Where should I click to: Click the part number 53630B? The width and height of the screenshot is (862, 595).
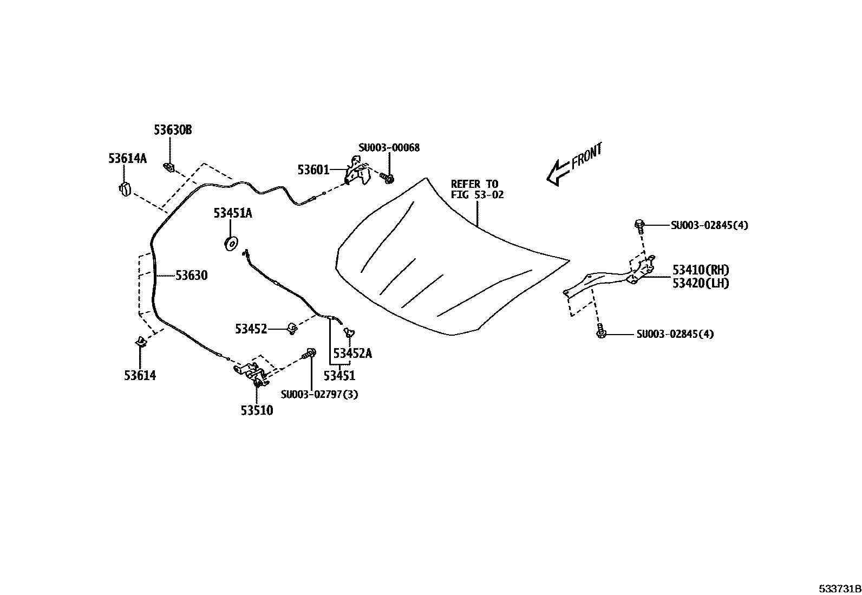point(173,130)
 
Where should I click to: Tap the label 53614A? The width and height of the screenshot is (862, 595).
point(127,158)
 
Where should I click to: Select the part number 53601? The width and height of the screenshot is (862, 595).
point(313,170)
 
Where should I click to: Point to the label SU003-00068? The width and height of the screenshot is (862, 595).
point(389,147)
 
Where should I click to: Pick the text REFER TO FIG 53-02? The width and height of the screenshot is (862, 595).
point(477,189)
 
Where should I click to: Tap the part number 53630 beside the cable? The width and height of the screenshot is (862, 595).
point(191,276)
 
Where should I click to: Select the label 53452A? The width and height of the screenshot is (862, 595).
point(352,354)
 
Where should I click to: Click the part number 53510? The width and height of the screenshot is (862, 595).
point(257,410)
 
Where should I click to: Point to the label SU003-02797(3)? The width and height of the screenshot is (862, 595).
point(319,395)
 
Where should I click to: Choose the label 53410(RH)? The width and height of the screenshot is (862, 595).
point(701,270)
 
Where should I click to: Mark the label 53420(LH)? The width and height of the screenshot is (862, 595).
point(701,283)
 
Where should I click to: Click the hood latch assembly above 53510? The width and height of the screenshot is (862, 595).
point(253,373)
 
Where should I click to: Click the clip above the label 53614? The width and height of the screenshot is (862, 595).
point(140,342)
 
